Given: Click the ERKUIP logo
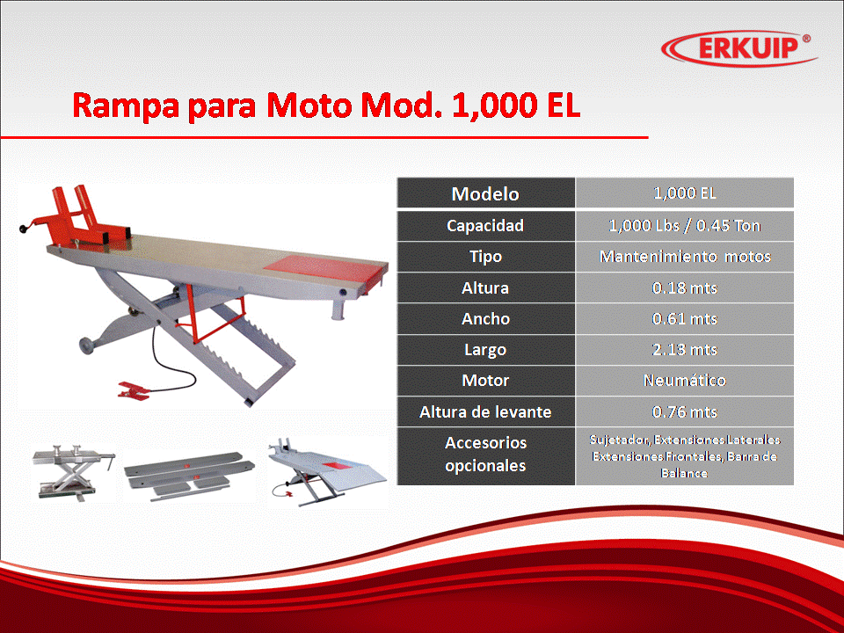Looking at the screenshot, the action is (738, 47).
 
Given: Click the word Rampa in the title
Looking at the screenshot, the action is (126, 106).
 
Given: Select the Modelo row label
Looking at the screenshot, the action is (485, 193).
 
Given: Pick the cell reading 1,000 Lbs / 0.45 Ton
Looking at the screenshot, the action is (684, 226).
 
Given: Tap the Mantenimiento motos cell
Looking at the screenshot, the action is (685, 256).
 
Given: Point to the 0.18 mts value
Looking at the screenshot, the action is (685, 288).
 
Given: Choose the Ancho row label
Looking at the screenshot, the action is (485, 318).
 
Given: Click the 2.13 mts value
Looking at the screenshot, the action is (685, 349).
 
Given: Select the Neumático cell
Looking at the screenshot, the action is (685, 381).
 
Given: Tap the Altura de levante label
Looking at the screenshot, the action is (485, 411).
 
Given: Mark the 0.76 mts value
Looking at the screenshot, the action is (685, 411).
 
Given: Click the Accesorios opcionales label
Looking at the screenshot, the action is (485, 454).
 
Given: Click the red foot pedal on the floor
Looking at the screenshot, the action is (133, 390).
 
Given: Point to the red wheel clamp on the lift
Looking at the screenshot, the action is (81, 218).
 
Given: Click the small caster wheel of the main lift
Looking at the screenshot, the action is (86, 345).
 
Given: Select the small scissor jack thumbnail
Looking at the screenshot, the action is (74, 472).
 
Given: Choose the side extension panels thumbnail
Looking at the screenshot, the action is (190, 477).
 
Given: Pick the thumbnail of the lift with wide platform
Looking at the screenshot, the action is (327, 472).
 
